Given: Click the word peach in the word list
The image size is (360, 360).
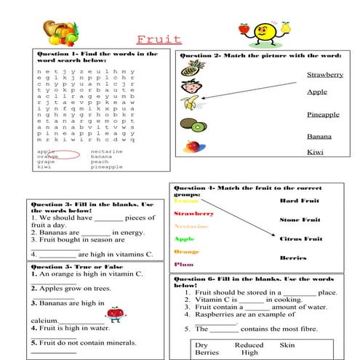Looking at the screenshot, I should tap(100, 161).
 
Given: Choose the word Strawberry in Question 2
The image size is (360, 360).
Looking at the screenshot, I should tap(324, 75).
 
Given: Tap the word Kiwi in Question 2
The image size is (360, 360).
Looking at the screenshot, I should tap(315, 151).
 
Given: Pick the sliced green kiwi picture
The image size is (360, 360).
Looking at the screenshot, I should tap(196, 127).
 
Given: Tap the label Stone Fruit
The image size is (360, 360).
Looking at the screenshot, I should tap(300, 220).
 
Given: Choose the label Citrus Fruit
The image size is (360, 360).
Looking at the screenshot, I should tap(300, 239).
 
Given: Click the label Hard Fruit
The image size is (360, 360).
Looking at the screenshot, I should tap(299, 200).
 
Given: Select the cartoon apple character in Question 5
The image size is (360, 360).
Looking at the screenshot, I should tap(114, 313).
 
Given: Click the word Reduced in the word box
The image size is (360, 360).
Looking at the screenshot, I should tap(249, 344).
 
